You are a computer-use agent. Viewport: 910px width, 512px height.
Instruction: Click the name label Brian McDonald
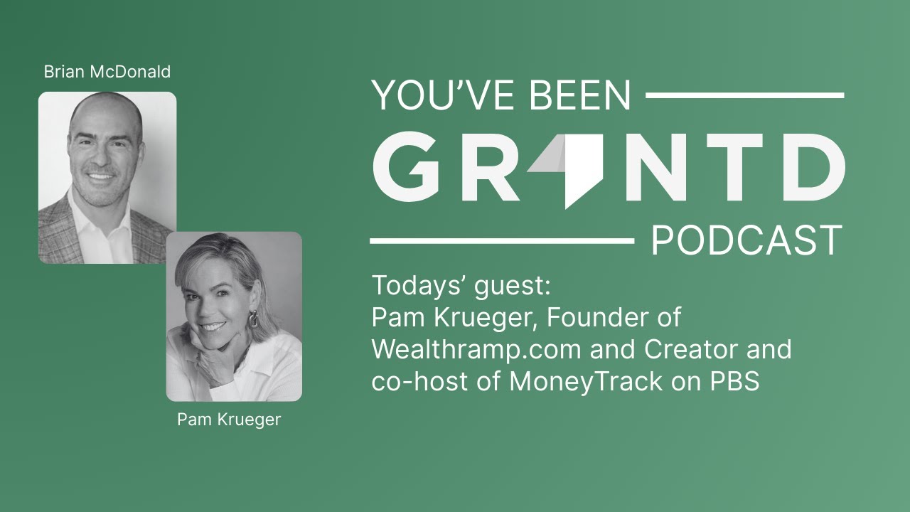(107, 72)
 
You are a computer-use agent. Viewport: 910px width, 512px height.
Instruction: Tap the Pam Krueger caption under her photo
(229, 420)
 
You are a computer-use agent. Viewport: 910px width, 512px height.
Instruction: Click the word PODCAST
(746, 242)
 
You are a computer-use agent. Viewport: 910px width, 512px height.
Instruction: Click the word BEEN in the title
(586, 95)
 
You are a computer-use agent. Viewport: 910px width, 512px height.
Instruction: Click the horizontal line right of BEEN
(744, 95)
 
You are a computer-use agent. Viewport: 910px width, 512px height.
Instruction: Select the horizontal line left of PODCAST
(502, 242)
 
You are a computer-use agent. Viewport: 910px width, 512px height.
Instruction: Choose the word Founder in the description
(596, 318)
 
